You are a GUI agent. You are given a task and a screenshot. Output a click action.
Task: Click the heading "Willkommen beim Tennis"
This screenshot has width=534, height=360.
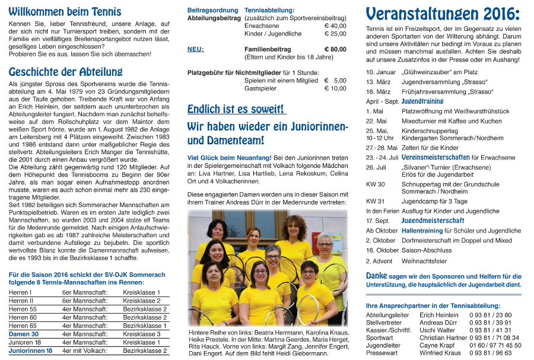tap(65, 12)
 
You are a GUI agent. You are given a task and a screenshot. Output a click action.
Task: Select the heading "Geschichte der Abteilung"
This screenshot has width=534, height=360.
tap(65, 72)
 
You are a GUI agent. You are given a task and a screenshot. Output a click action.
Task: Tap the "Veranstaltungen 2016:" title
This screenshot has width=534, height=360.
tap(443, 14)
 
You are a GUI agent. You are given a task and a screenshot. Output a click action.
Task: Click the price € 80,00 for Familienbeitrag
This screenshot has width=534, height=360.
tap(335, 49)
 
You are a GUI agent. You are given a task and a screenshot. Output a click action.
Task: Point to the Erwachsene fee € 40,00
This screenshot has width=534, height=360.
tap(335, 26)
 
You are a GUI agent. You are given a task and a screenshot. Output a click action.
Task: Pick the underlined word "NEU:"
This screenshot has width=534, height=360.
tap(195, 49)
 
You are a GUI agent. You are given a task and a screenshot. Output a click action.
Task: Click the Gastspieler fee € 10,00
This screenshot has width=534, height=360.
tap(335, 88)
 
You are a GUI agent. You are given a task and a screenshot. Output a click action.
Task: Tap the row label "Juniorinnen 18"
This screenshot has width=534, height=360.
tap(30, 351)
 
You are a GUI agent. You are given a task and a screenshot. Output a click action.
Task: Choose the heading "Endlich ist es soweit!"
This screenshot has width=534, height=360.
tap(236, 109)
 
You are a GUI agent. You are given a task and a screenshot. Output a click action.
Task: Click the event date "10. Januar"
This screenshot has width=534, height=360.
tap(381, 72)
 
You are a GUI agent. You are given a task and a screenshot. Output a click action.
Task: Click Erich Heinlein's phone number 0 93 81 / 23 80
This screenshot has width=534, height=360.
tap(490, 315)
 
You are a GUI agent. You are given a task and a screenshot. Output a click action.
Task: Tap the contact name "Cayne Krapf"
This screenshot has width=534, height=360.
tap(437, 345)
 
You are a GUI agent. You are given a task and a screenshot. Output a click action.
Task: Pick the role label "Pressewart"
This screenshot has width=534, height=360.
tap(382, 353)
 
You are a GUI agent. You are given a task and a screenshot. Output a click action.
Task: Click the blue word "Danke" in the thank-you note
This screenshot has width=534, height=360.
tap(376, 276)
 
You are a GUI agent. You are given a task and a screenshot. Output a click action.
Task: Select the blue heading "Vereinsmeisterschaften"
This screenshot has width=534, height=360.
tap(436, 158)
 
